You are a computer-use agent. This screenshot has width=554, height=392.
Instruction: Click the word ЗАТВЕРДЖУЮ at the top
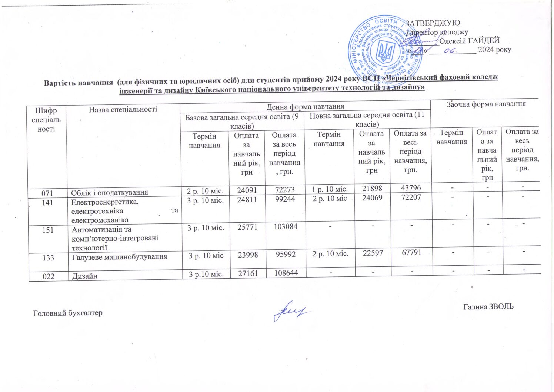click(433, 23)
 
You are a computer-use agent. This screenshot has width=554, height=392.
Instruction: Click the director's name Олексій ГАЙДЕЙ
click(469, 41)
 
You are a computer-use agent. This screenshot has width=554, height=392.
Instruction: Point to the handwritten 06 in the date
click(452, 50)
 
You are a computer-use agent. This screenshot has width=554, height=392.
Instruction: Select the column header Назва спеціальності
click(123, 109)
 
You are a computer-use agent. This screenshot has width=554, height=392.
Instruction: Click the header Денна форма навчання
click(306, 107)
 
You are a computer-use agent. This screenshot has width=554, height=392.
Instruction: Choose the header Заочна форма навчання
click(486, 104)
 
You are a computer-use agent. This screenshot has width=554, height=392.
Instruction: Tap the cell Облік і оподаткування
click(110, 192)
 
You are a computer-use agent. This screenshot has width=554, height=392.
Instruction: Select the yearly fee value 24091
click(247, 190)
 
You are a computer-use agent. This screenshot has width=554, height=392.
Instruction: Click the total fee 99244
click(284, 200)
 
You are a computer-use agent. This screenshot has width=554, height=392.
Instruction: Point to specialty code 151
click(48, 230)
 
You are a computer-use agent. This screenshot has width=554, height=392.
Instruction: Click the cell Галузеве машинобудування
click(119, 256)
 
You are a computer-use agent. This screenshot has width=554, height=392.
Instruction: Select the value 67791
click(411, 252)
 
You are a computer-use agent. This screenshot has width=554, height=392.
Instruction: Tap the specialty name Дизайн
click(85, 276)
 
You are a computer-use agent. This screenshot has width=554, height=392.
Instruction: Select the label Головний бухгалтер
click(68, 313)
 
